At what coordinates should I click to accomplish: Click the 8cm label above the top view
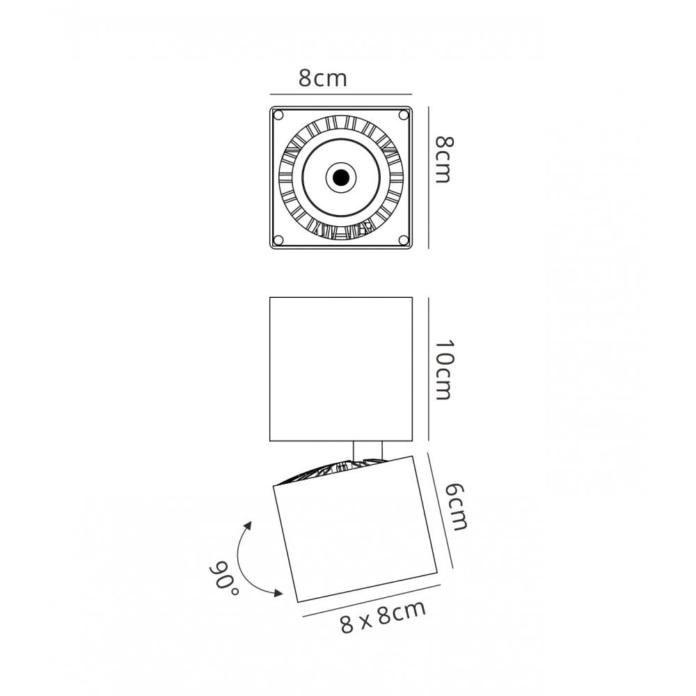[x=322, y=79]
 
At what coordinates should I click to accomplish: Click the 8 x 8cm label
[x=383, y=617]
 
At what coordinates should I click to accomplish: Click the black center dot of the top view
[x=340, y=178]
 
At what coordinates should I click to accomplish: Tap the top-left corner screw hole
[x=278, y=115]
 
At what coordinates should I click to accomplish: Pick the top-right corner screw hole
[x=403, y=115]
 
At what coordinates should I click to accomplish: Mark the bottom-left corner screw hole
[x=278, y=240]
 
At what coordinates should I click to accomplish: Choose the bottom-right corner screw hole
[x=403, y=240]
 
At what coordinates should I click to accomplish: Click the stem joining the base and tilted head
[x=367, y=451]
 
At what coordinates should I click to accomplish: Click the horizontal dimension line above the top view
[x=340, y=94]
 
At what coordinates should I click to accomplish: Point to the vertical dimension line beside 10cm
[x=428, y=370]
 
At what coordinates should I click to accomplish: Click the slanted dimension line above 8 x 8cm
[x=371, y=601]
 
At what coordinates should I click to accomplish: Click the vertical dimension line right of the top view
[x=428, y=177]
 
